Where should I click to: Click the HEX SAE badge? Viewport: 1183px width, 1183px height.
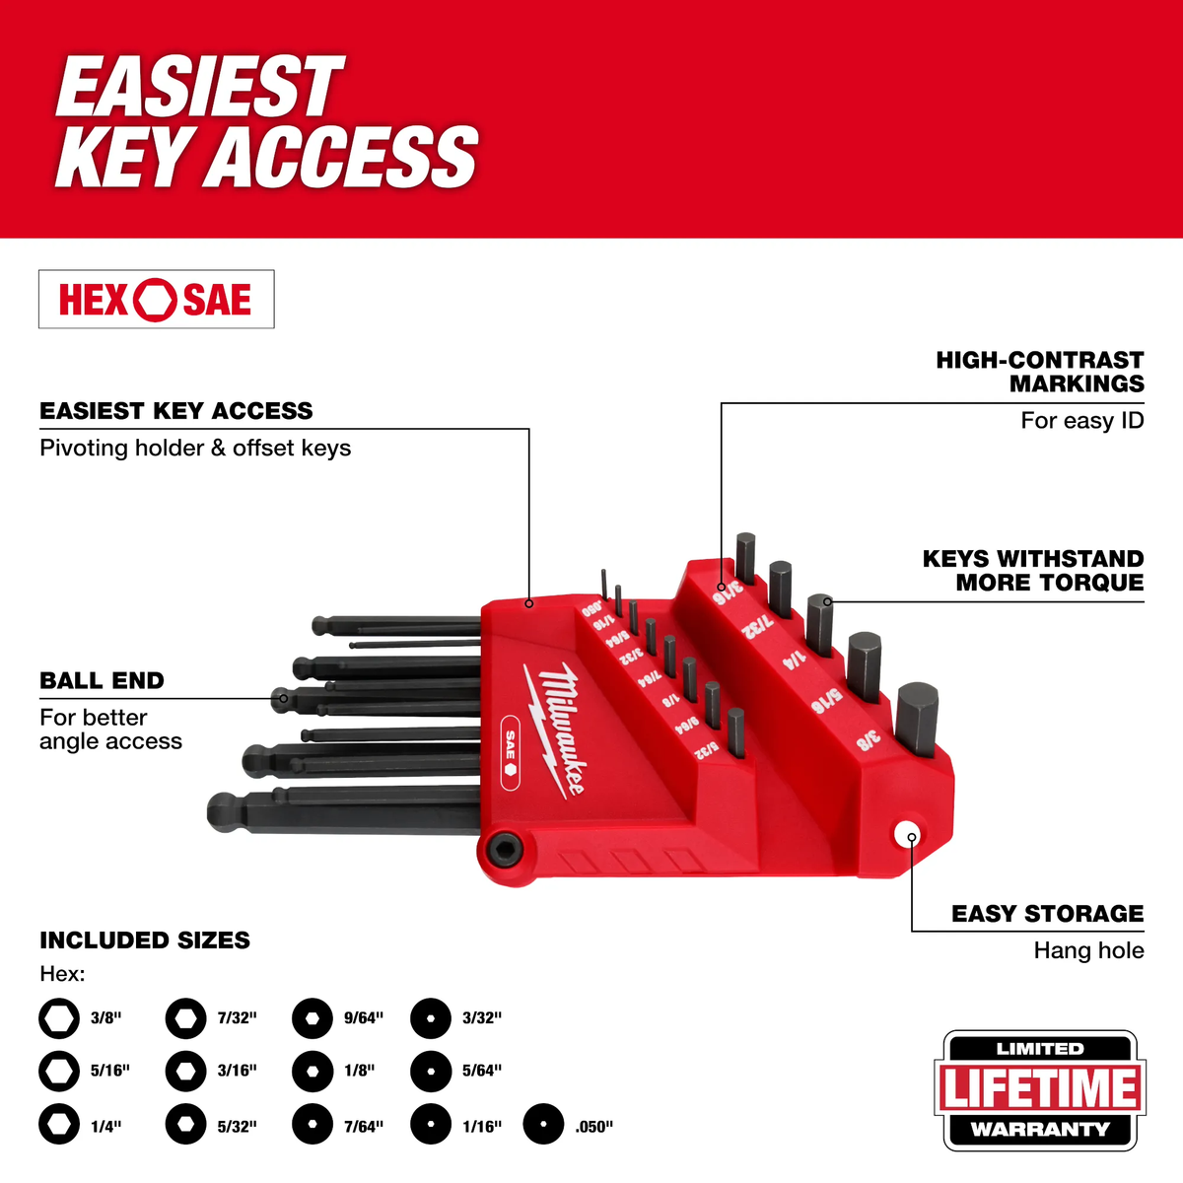pos(156,300)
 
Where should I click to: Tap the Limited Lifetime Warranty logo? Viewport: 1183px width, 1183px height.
pos(1040,1090)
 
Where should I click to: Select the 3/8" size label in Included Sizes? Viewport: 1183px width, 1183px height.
pos(105,1018)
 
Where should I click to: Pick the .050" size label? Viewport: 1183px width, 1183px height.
pos(593,1127)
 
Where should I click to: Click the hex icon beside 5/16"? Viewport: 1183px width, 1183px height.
pos(59,1071)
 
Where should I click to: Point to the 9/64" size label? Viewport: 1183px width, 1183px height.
pos(364,1018)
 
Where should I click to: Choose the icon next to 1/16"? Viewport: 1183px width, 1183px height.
pos(431,1125)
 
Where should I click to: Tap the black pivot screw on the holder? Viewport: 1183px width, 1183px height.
pos(500,850)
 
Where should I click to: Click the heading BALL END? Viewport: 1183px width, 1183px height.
pos(102,681)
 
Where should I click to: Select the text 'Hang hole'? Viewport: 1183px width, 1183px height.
pos(1088,951)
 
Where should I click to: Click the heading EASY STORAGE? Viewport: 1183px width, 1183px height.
pos(1047,915)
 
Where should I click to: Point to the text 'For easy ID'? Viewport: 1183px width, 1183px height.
pos(1081,421)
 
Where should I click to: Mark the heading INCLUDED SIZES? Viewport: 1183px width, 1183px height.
pos(145,940)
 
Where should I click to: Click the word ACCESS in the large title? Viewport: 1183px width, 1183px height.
pos(345,158)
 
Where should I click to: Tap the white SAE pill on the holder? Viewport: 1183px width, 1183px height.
pos(511,750)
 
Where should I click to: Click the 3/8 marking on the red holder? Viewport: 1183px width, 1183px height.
pos(868,740)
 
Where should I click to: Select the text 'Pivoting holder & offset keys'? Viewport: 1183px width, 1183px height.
pos(195,449)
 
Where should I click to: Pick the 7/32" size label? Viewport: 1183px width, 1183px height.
pos(237,1018)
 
